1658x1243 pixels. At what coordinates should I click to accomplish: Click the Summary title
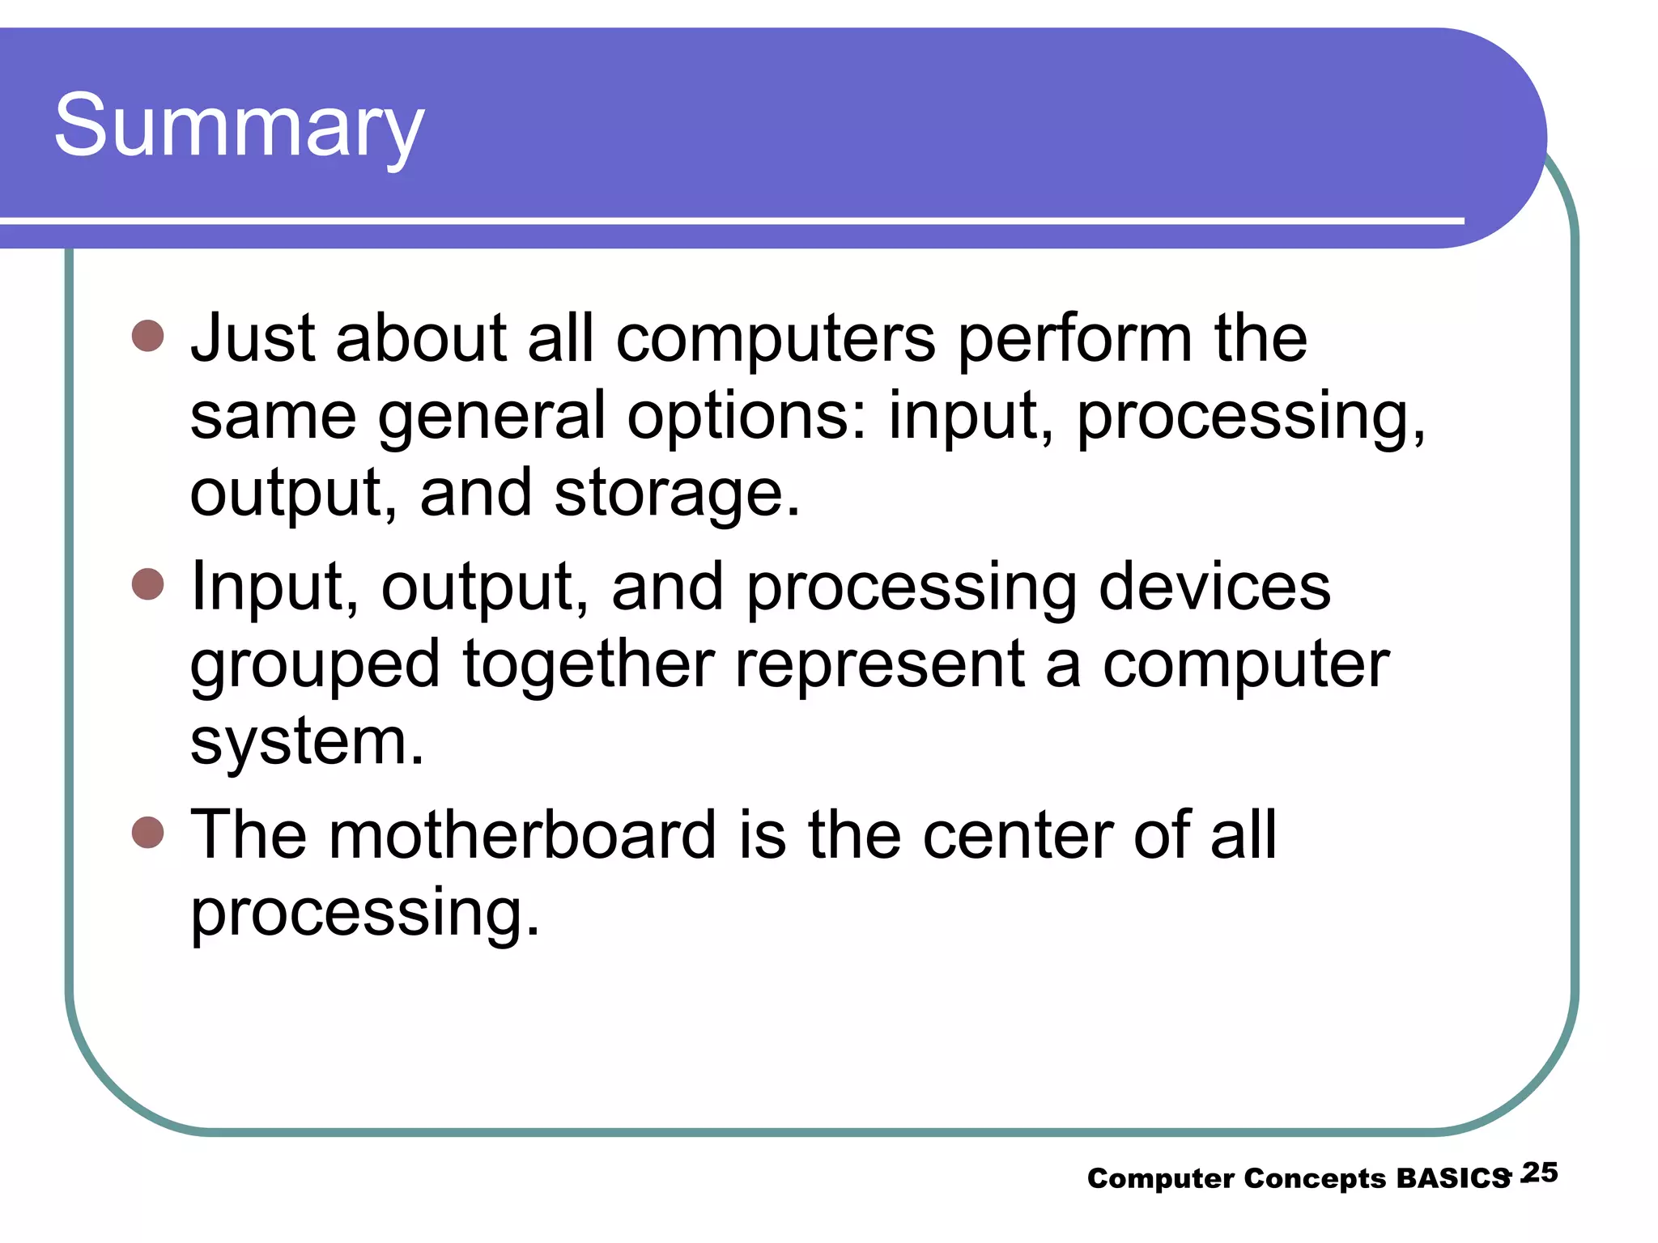[239, 128]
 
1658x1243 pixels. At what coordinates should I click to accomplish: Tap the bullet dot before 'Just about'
[147, 335]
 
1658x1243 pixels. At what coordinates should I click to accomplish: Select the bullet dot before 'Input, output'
[147, 583]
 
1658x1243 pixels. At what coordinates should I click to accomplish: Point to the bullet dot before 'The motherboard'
[147, 831]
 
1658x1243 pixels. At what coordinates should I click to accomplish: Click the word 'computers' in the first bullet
[776, 338]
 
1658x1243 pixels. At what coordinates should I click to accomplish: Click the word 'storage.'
[677, 493]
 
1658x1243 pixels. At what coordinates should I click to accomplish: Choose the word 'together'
[589, 664]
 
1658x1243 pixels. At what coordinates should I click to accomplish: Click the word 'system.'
[307, 741]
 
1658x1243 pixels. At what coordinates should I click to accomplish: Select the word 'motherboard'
[522, 834]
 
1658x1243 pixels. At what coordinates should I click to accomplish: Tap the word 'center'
[1016, 836]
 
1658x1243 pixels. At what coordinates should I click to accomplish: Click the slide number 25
[1540, 1173]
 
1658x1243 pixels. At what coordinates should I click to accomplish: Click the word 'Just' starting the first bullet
[252, 338]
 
